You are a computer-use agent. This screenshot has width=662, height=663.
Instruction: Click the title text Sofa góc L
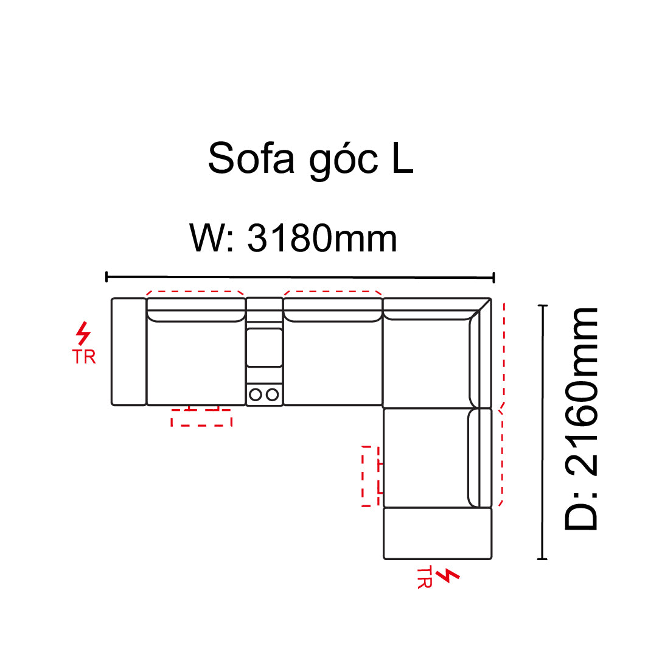coord(310,160)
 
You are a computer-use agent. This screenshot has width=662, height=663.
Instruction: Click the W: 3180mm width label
coord(293,238)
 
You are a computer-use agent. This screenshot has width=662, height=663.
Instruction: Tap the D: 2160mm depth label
coord(581,419)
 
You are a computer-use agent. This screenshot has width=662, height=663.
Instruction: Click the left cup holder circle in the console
coord(256,395)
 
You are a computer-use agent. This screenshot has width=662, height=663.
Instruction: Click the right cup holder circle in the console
coord(273,395)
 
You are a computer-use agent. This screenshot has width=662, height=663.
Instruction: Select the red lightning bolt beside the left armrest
coord(83,333)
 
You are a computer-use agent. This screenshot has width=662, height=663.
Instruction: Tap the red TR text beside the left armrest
coord(84,357)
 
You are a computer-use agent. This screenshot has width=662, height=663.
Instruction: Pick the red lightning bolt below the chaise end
coord(447,575)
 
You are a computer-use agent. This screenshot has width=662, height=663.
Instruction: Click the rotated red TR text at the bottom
coord(425,578)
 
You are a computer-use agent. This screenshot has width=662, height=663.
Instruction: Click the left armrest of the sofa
coord(129,352)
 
